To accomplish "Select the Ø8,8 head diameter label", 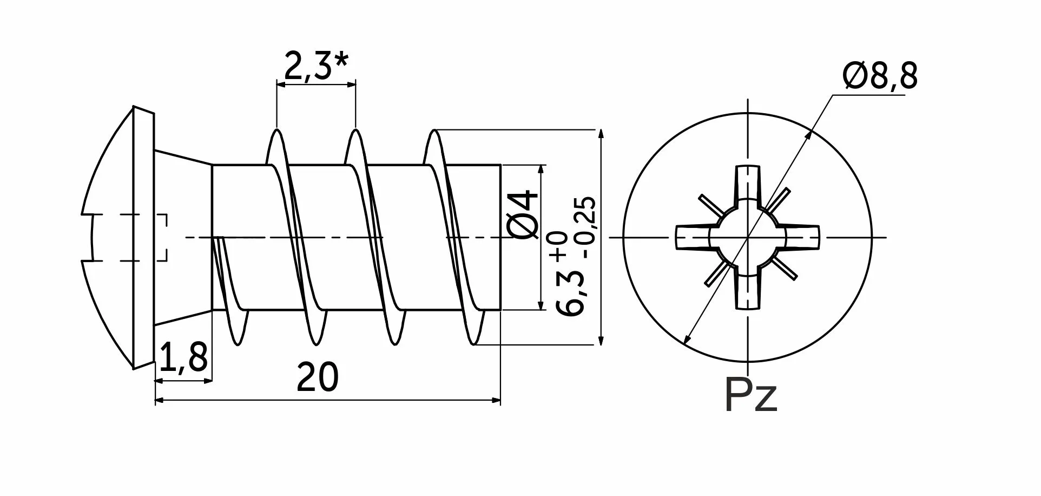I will coord(880,76).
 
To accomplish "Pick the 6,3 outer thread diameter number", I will coord(571,292).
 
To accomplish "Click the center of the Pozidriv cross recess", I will coord(748,237).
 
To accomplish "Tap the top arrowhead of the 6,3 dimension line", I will coord(599,133).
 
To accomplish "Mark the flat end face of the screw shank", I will coord(501,237).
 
